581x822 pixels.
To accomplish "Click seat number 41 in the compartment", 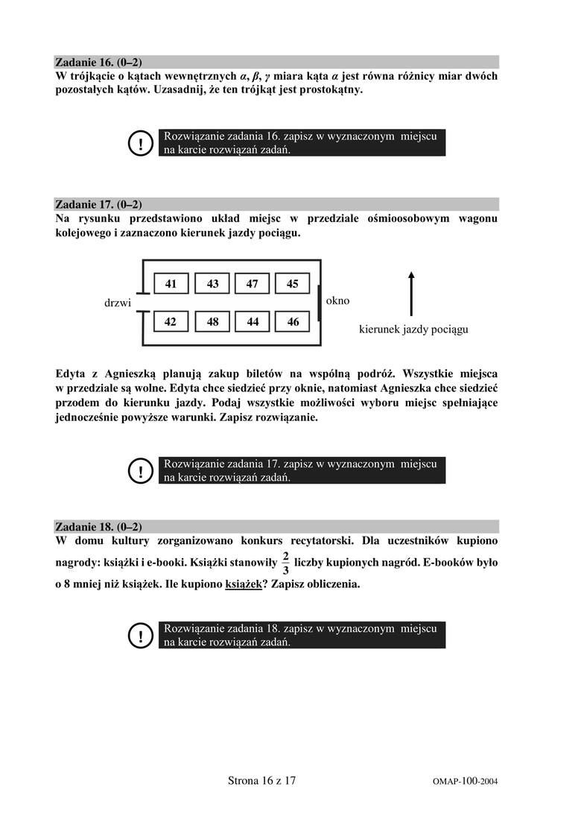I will pyautogui.click(x=171, y=283).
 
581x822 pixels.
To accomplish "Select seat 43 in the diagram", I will pyautogui.click(x=212, y=283).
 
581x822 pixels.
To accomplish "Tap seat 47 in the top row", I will pyautogui.click(x=253, y=283).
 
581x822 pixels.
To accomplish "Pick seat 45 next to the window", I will pyautogui.click(x=293, y=283).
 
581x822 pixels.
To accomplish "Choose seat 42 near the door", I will pyautogui.click(x=171, y=322).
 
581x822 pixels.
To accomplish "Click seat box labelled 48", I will pyautogui.click(x=212, y=322).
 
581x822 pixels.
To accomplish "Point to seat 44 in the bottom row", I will pyautogui.click(x=253, y=322).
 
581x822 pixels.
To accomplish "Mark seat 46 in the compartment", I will pyautogui.click(x=293, y=322).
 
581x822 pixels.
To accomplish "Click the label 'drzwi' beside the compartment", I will pyautogui.click(x=118, y=303).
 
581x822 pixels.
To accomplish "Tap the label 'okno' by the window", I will pyautogui.click(x=337, y=301).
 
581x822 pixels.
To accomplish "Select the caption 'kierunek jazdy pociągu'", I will pyautogui.click(x=413, y=329).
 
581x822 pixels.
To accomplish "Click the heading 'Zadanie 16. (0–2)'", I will pyautogui.click(x=98, y=63).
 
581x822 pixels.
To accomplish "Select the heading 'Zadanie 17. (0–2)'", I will pyautogui.click(x=98, y=204).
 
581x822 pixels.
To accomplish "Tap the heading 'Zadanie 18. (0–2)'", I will pyautogui.click(x=98, y=525).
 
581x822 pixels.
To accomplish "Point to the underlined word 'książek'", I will pyautogui.click(x=243, y=584).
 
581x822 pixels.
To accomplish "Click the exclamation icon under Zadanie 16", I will pyautogui.click(x=140, y=143).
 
